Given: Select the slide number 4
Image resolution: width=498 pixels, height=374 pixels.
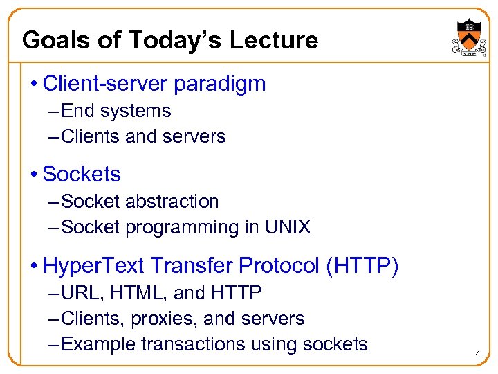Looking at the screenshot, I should click(477, 355).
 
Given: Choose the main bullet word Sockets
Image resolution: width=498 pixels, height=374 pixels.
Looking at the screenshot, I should click(82, 175).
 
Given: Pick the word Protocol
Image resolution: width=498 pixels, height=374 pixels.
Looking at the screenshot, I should click(270, 265).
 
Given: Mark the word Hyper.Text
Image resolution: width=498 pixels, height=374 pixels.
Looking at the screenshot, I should click(93, 265).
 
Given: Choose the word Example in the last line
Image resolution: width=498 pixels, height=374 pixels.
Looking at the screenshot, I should click(98, 344).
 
